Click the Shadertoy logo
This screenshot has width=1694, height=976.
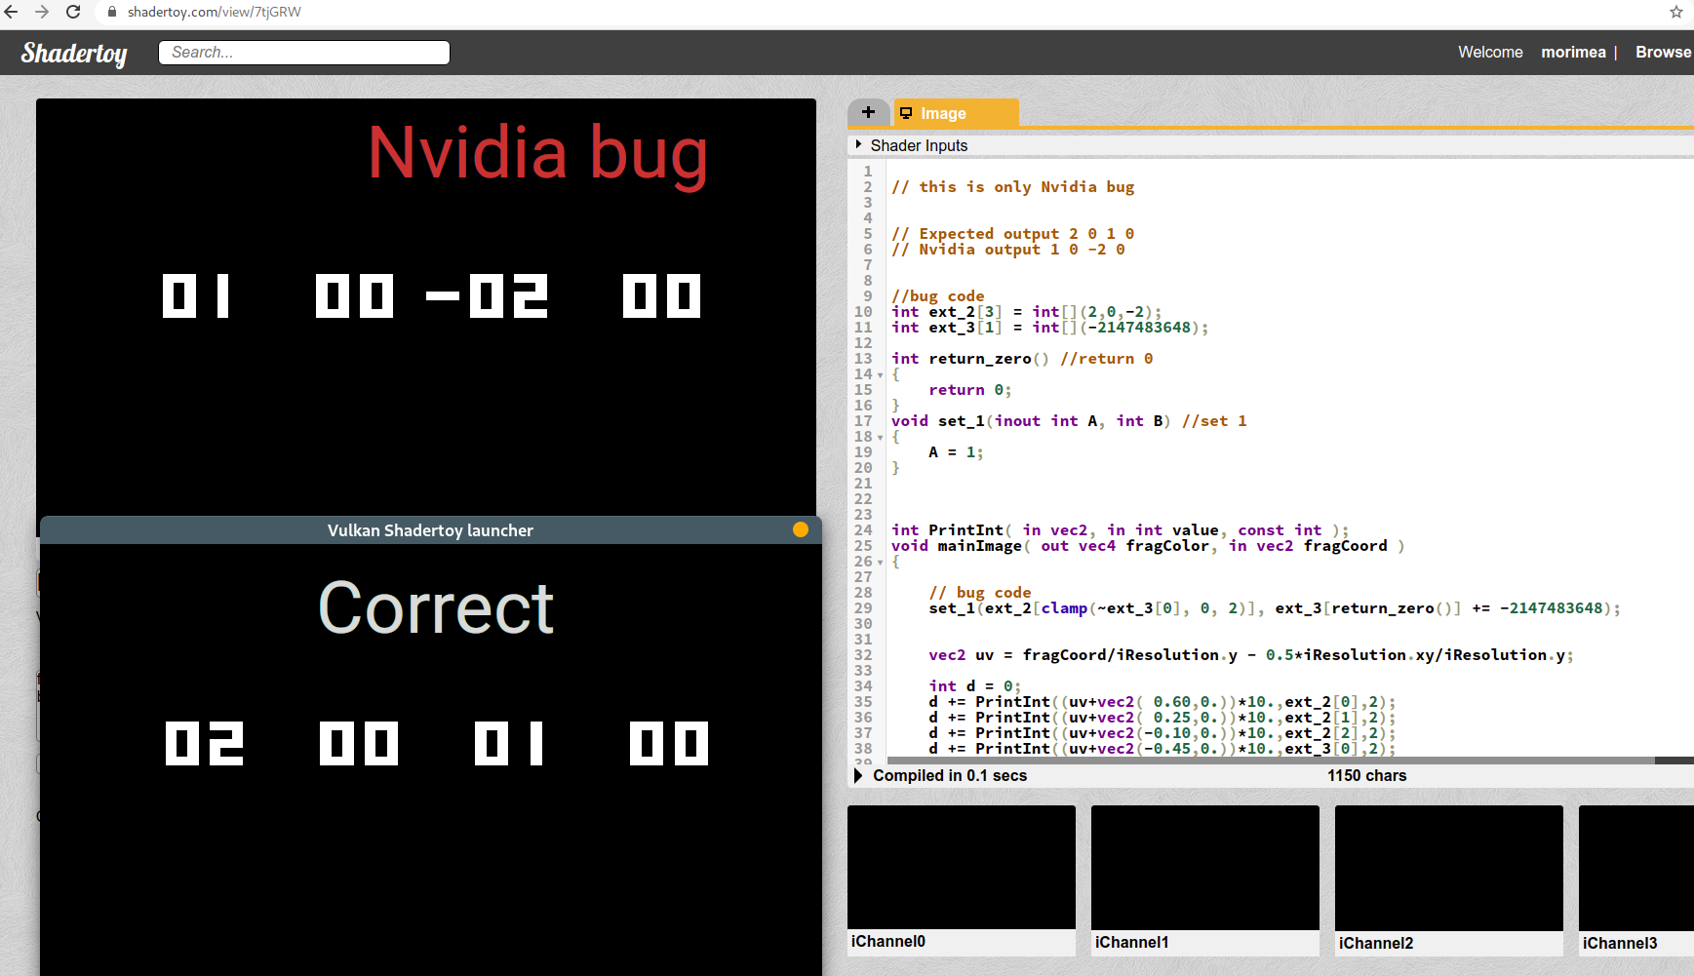click(74, 53)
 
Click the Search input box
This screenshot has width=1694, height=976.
click(304, 53)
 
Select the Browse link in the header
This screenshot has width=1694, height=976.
click(1663, 53)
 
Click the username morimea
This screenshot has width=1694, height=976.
click(1573, 53)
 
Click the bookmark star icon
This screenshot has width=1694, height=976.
click(1675, 13)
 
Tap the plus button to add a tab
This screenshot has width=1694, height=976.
click(868, 113)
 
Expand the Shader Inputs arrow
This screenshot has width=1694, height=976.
click(858, 145)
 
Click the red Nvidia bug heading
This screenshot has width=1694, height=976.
click(537, 154)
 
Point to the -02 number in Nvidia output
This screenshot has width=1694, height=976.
click(488, 296)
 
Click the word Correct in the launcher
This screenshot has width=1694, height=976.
click(436, 608)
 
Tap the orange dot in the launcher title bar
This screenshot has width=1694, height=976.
click(801, 529)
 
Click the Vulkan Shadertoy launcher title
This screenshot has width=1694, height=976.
click(430, 530)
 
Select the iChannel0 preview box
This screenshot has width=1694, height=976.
click(961, 867)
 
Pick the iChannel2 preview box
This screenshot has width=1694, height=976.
click(1448, 867)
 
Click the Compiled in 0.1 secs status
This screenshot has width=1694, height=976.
click(949, 776)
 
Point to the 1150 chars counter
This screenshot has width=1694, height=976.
click(1366, 776)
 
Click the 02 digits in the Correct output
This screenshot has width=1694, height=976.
click(205, 744)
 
